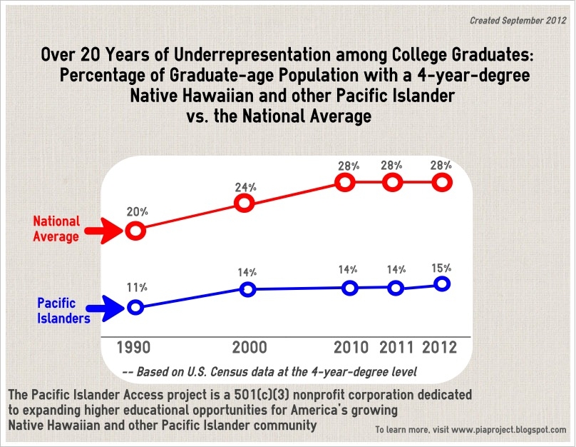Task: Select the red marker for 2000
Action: pyautogui.click(x=245, y=204)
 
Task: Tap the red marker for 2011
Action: pyautogui.click(x=391, y=182)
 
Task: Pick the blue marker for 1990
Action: pyautogui.click(x=135, y=308)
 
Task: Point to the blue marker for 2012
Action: pyautogui.click(x=442, y=284)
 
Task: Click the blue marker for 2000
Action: pyautogui.click(x=247, y=289)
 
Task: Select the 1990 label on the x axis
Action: pyautogui.click(x=135, y=348)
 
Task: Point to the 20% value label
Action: pyautogui.click(x=138, y=212)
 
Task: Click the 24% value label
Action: pyautogui.click(x=246, y=187)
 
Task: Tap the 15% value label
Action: pyautogui.click(x=441, y=268)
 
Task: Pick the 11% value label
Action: pyautogui.click(x=138, y=287)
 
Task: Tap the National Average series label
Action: pyautogui.click(x=56, y=229)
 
